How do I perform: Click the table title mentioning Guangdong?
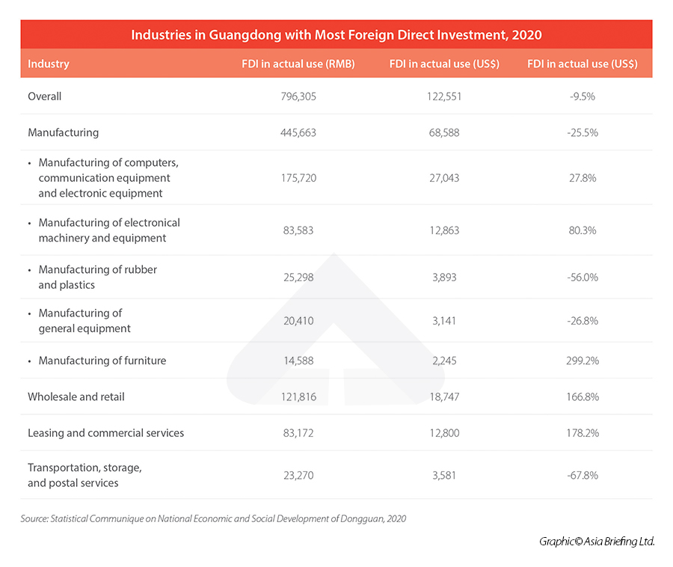click(x=336, y=34)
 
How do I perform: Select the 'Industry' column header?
click(x=49, y=64)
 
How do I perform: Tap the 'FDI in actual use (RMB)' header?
click(x=298, y=64)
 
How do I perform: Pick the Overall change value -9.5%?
click(x=583, y=96)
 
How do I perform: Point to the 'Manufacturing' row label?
click(x=63, y=132)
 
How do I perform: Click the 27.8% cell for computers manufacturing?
click(x=583, y=178)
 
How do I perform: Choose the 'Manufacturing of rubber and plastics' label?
click(x=97, y=278)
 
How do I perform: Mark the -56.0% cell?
click(x=583, y=278)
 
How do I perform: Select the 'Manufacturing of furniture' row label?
click(x=102, y=361)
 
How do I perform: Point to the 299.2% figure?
click(x=583, y=361)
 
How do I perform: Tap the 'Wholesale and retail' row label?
click(x=76, y=396)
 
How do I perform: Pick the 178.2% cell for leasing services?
click(x=583, y=433)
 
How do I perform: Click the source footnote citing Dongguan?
click(x=213, y=518)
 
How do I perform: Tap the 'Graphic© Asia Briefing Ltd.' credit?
click(x=596, y=541)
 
